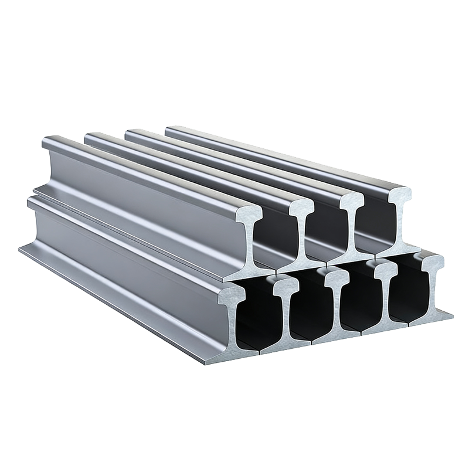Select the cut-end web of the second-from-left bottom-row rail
click(x=287, y=317)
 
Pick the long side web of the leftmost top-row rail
click(x=147, y=199)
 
